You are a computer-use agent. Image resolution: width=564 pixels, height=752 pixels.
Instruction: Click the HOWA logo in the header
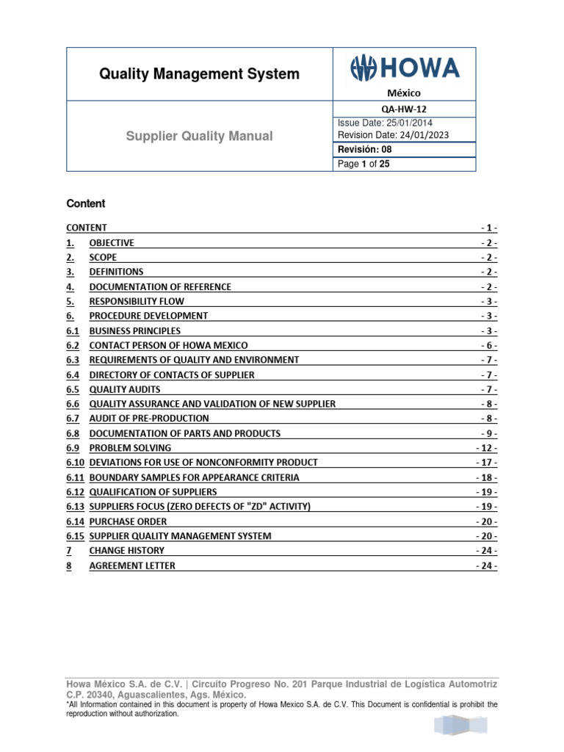click(x=404, y=69)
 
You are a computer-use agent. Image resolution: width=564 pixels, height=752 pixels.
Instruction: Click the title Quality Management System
click(x=199, y=74)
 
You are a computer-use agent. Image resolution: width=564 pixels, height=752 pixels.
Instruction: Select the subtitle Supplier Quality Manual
click(x=199, y=136)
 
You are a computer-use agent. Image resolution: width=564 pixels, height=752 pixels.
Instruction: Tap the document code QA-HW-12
click(x=404, y=109)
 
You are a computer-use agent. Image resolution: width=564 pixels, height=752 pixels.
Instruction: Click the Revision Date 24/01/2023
click(x=393, y=135)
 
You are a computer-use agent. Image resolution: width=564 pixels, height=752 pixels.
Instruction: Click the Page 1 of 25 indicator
click(x=364, y=164)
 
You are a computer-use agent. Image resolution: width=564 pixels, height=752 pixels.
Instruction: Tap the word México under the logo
click(x=404, y=93)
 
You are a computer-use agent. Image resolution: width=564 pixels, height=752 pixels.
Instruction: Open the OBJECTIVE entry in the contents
click(x=112, y=243)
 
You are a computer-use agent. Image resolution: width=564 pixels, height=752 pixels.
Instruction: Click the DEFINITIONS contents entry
click(x=116, y=272)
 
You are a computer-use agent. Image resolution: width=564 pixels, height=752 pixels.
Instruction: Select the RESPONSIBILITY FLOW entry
click(x=137, y=301)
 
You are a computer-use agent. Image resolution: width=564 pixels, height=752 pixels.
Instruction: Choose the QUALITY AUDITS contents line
click(x=125, y=389)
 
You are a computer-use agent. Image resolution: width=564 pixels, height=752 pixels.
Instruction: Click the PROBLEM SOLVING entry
click(x=130, y=448)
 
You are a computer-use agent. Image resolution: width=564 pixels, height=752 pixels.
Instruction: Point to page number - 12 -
click(x=486, y=448)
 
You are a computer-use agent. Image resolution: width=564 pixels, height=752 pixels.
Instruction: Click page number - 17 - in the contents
click(x=486, y=463)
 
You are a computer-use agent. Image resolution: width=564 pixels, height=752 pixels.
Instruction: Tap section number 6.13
click(x=75, y=507)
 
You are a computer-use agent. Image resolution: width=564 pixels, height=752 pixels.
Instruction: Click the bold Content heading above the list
click(x=86, y=203)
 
